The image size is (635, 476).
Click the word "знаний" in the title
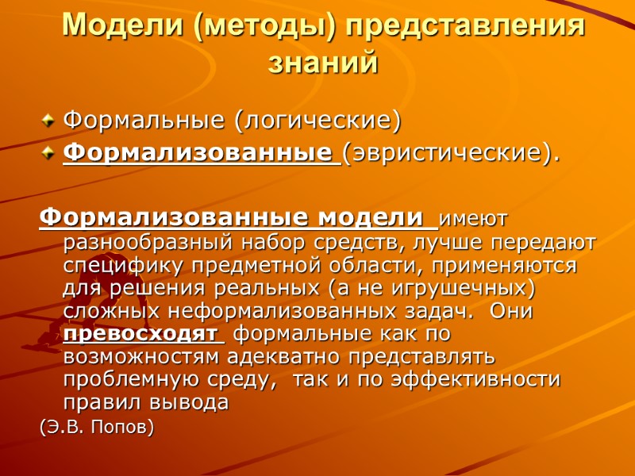322,62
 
